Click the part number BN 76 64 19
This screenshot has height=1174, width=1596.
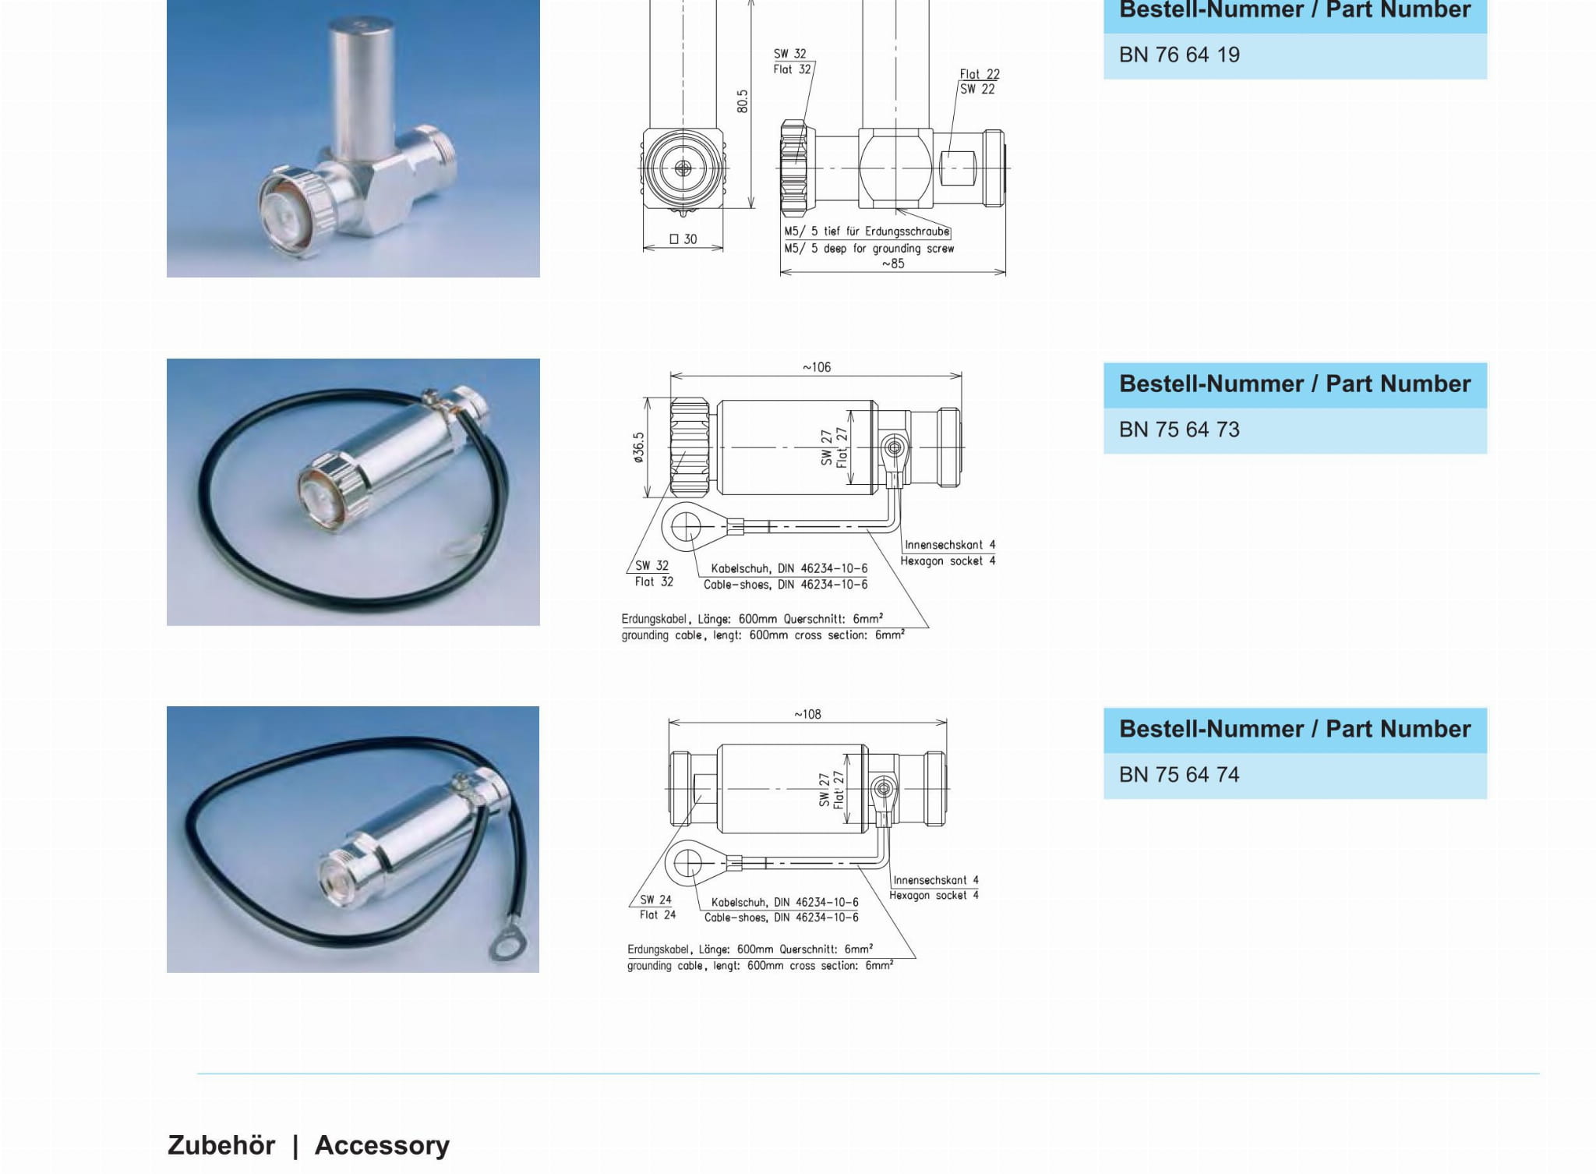pyautogui.click(x=1179, y=55)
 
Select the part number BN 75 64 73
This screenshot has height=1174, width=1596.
pyautogui.click(x=1179, y=430)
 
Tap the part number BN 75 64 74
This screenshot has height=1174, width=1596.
pyautogui.click(x=1179, y=775)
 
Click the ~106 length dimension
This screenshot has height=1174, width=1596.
pyautogui.click(x=817, y=367)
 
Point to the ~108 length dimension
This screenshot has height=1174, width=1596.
pyautogui.click(x=807, y=714)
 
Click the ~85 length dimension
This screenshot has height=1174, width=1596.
pyautogui.click(x=893, y=263)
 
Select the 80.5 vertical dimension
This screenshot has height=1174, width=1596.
pyautogui.click(x=742, y=101)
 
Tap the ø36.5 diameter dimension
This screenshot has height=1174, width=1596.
pyautogui.click(x=639, y=448)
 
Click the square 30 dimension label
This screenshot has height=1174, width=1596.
pyautogui.click(x=683, y=239)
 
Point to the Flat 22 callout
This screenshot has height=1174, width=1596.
pyautogui.click(x=980, y=74)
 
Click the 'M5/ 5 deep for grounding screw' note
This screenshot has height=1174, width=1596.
pyautogui.click(x=869, y=249)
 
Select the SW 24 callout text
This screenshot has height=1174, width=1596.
pyautogui.click(x=655, y=900)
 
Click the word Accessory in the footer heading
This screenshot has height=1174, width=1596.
pyautogui.click(x=382, y=1145)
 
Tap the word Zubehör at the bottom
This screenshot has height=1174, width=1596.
pyautogui.click(x=221, y=1145)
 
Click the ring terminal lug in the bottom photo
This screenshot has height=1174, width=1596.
pyautogui.click(x=507, y=948)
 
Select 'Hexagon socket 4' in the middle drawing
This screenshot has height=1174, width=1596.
pyautogui.click(x=948, y=561)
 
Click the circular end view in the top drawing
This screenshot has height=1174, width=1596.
pyautogui.click(x=683, y=168)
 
